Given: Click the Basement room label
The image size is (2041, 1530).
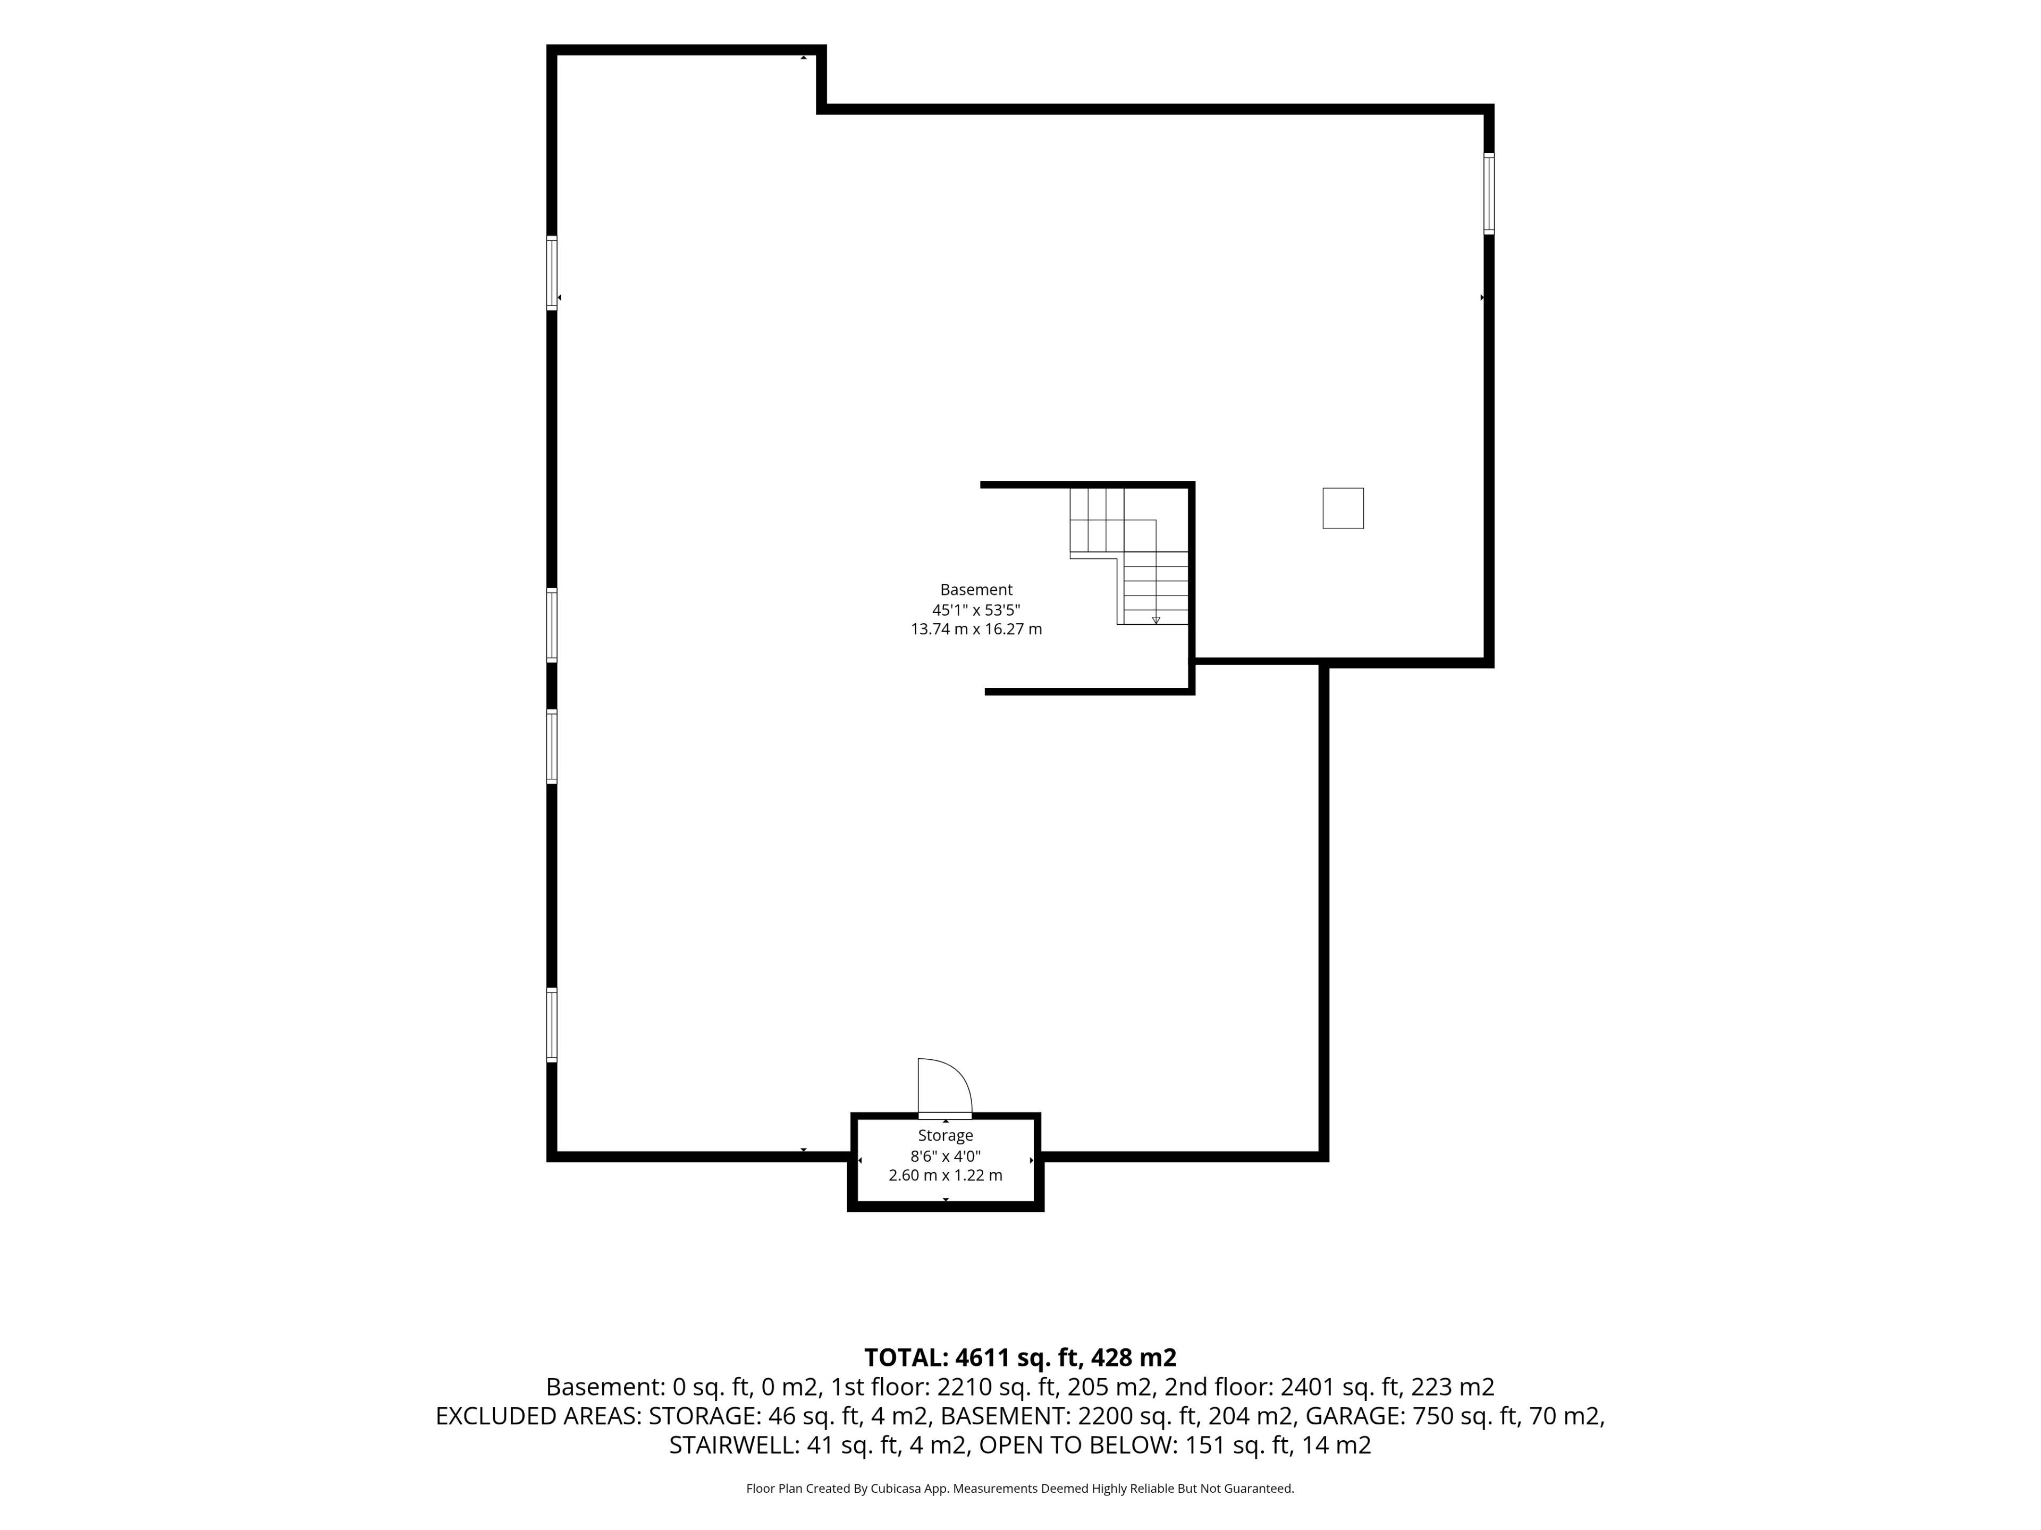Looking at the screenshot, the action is pos(976,589).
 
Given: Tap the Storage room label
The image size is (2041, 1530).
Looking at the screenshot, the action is pos(945,1135).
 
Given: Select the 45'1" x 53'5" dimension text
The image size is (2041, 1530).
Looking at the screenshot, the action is pos(976,609).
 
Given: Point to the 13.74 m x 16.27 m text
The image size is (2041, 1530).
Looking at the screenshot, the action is pos(976,629).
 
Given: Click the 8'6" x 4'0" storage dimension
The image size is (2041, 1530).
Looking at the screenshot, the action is pos(945,1155).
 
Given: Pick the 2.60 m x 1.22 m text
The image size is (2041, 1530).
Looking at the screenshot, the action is pos(945,1175).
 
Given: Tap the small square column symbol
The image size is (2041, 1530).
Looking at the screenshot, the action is pos(1343,508).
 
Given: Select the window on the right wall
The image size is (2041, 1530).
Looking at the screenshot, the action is pos(1488,194).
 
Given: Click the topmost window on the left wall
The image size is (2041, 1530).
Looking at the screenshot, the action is pos(552,273).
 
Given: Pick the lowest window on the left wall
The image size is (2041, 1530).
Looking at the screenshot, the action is pos(552,1025).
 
